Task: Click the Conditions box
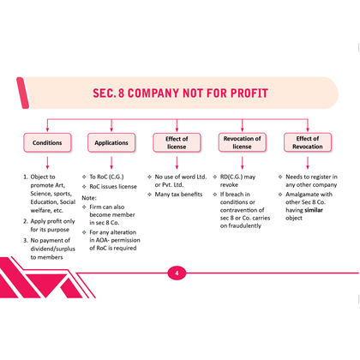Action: click(47, 142)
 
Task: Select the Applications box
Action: click(111, 142)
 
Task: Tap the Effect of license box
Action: click(177, 142)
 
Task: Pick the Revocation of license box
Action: click(243, 142)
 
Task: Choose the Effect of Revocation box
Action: click(308, 142)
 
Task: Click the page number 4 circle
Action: click(177, 273)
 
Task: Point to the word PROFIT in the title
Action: click(249, 93)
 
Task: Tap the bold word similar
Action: click(314, 210)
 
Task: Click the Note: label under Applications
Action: click(89, 198)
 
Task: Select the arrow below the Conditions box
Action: click(47, 163)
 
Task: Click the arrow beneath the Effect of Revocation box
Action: click(308, 163)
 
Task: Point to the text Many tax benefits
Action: click(178, 195)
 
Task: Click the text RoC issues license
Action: click(113, 187)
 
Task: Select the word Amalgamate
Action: click(298, 195)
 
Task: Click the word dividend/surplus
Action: click(53, 249)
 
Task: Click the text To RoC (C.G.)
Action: click(106, 177)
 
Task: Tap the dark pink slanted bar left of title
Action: click(22, 93)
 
